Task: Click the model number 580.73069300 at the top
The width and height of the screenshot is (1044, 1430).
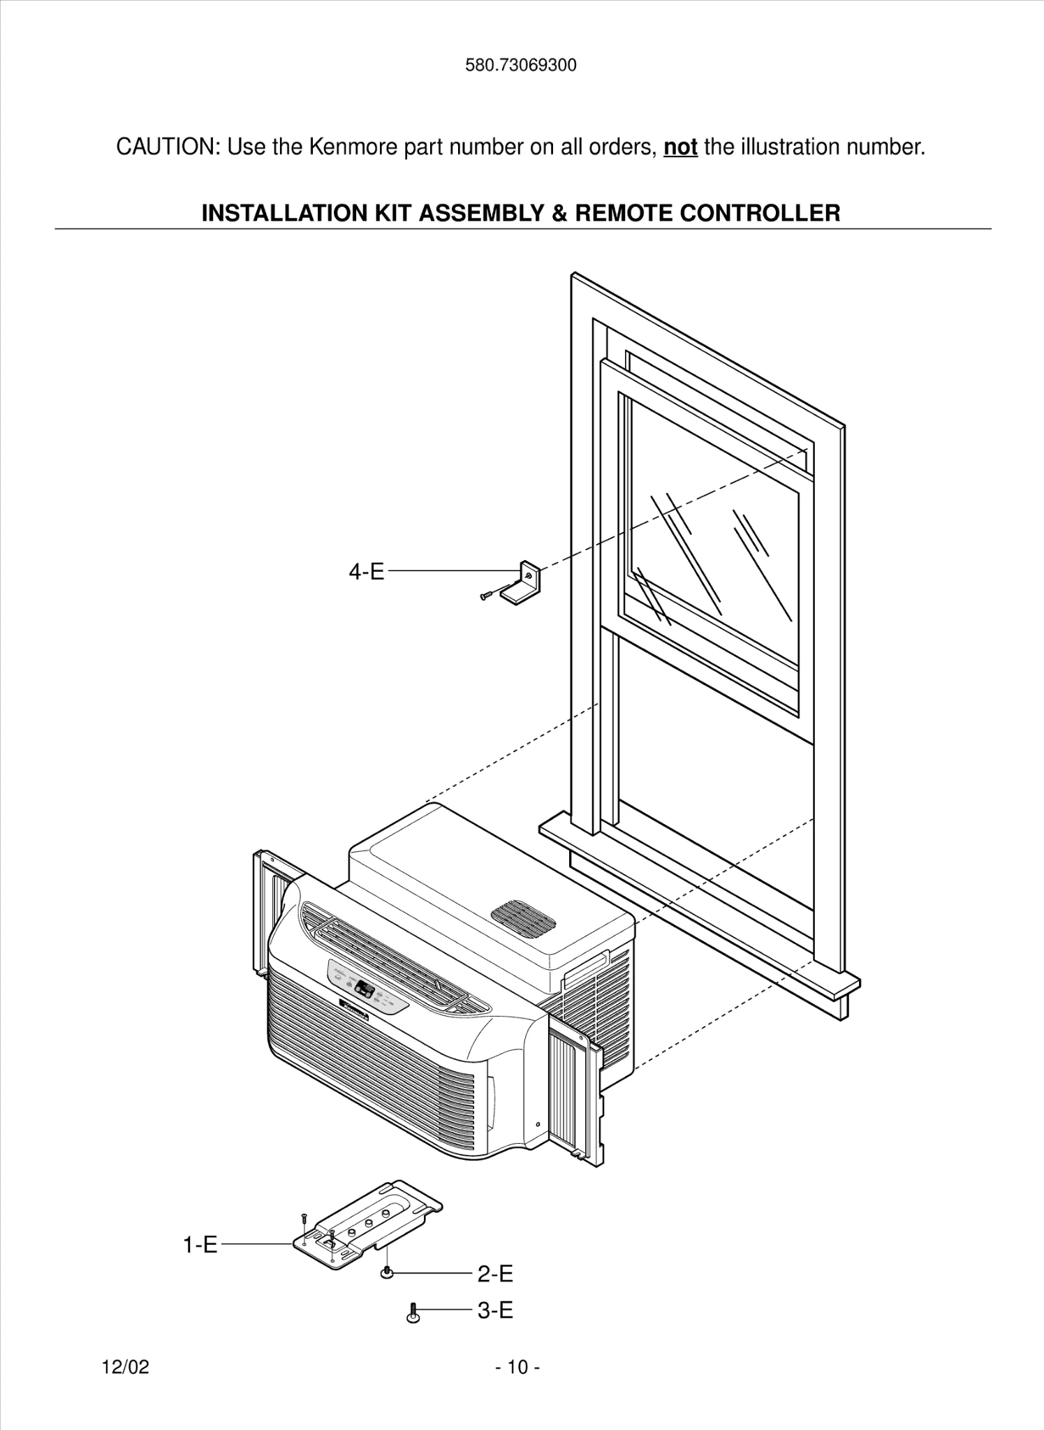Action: click(x=521, y=66)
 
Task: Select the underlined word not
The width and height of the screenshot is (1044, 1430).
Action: click(x=680, y=147)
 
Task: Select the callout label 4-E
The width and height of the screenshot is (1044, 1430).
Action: click(x=367, y=572)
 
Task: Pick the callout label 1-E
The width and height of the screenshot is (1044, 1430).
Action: click(x=200, y=1244)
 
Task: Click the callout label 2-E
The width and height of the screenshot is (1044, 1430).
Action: click(x=495, y=1274)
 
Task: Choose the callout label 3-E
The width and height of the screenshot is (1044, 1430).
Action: click(x=495, y=1311)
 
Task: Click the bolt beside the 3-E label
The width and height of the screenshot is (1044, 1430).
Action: click(x=413, y=1313)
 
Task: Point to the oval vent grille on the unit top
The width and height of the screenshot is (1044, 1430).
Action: click(x=523, y=920)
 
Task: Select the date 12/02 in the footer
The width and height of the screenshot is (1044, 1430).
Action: click(x=126, y=1367)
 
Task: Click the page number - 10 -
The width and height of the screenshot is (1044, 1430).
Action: click(x=517, y=1367)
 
